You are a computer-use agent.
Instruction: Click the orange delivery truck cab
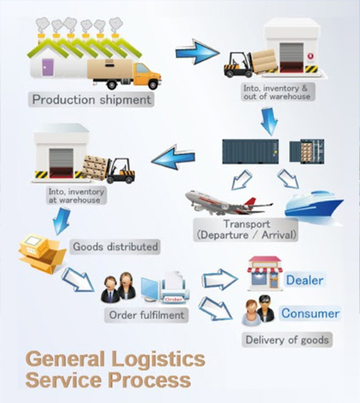[147, 75]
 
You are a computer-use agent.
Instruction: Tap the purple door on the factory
[48, 68]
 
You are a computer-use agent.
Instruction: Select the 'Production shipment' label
[91, 100]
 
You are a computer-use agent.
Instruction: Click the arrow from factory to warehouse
[197, 52]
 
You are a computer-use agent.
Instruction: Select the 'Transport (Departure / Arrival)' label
[246, 229]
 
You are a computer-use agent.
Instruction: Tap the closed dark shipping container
[250, 152]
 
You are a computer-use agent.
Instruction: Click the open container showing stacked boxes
[307, 151]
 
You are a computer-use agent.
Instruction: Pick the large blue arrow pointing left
[173, 157]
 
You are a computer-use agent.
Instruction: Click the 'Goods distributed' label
[115, 247]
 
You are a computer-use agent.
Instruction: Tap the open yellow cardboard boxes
[42, 253]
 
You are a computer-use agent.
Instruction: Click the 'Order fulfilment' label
[146, 315]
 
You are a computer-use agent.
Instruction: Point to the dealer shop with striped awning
[265, 273]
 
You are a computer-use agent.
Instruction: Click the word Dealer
[304, 280]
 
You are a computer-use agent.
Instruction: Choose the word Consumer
[310, 313]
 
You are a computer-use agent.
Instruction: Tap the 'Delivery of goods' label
[287, 340]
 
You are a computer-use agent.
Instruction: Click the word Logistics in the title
[159, 359]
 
